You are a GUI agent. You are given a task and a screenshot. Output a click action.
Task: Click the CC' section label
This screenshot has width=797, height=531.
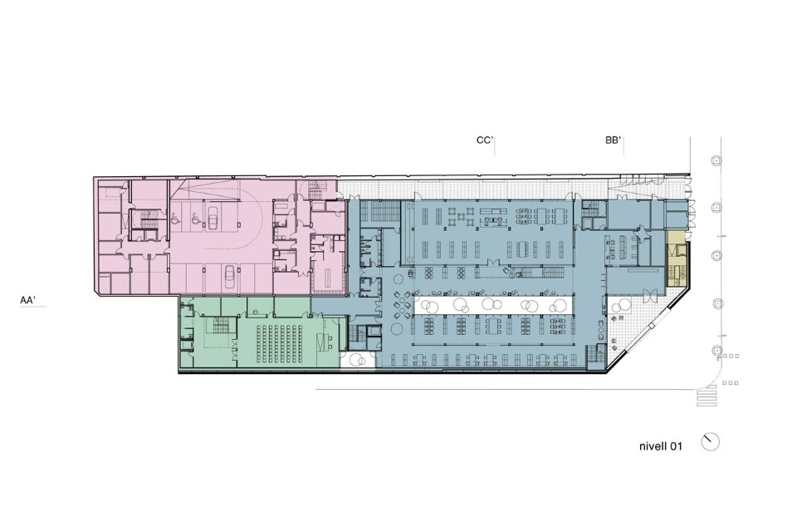(x=484, y=140)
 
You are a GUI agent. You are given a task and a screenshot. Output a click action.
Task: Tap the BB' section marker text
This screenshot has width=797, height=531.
(x=614, y=140)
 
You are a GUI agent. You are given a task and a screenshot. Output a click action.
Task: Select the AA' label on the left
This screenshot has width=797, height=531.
(x=27, y=300)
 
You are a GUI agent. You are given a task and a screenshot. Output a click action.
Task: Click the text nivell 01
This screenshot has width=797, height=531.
(x=660, y=446)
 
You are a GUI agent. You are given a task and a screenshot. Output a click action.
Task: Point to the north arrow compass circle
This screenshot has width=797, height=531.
(x=711, y=442)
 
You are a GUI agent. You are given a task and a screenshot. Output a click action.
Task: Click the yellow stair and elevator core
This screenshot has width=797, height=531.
(x=677, y=259)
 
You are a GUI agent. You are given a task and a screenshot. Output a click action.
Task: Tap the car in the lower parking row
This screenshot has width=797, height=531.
(x=229, y=278)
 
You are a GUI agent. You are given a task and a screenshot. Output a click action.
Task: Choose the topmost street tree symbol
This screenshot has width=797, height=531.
(x=716, y=160)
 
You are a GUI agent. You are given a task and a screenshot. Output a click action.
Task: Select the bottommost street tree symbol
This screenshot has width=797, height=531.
(x=716, y=351)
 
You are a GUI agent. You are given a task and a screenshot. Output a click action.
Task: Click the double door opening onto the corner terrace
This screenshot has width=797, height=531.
(x=649, y=294)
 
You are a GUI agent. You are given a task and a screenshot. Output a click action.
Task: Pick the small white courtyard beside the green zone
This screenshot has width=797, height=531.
(x=358, y=360)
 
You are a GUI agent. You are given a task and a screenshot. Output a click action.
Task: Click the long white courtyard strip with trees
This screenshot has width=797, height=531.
(x=493, y=306)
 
